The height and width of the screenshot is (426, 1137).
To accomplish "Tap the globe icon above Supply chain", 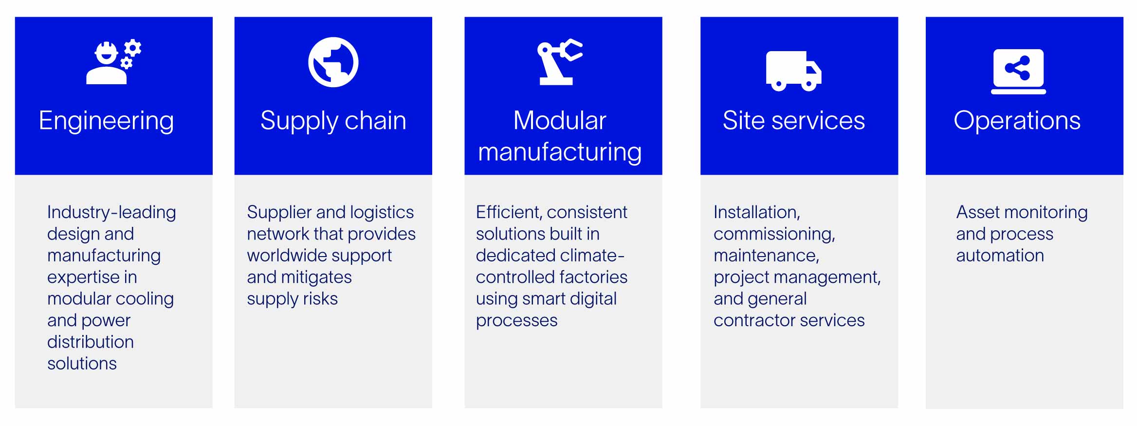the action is tap(333, 62).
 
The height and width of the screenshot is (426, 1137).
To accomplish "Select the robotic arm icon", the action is tap(560, 62).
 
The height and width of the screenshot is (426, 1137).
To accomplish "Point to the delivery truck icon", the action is tap(794, 71).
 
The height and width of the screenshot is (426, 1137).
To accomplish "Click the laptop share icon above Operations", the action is tap(1018, 71).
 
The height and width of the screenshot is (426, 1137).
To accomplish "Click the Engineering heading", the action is tap(106, 121).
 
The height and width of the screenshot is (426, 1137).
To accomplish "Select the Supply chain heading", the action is tap(333, 121).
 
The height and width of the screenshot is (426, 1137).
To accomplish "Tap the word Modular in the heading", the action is tap(560, 120).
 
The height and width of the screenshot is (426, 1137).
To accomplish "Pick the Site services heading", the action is tap(794, 120).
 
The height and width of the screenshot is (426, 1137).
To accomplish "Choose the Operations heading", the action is tap(1017, 121).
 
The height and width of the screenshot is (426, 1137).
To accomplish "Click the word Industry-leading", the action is tap(111, 213).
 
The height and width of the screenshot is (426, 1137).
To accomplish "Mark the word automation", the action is tap(1000, 256).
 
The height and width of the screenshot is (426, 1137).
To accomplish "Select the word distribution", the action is tap(91, 342).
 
